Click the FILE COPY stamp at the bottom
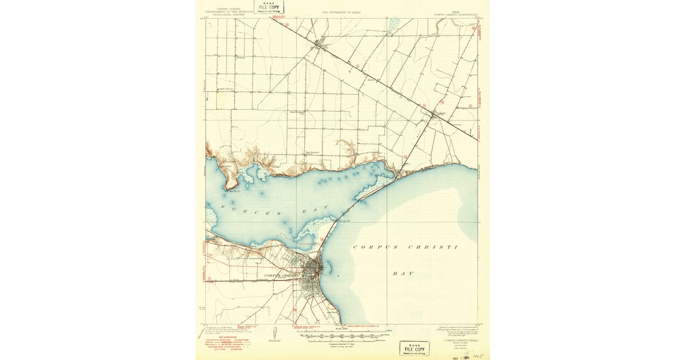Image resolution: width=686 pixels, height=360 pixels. pos(414,348)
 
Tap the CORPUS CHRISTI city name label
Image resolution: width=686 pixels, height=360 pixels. pos(284,275)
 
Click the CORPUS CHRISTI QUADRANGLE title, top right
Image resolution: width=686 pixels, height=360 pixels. pos(455,14)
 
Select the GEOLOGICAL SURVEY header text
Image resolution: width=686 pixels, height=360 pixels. pos(229,14)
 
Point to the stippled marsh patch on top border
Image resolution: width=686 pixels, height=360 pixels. pos(394,25)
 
